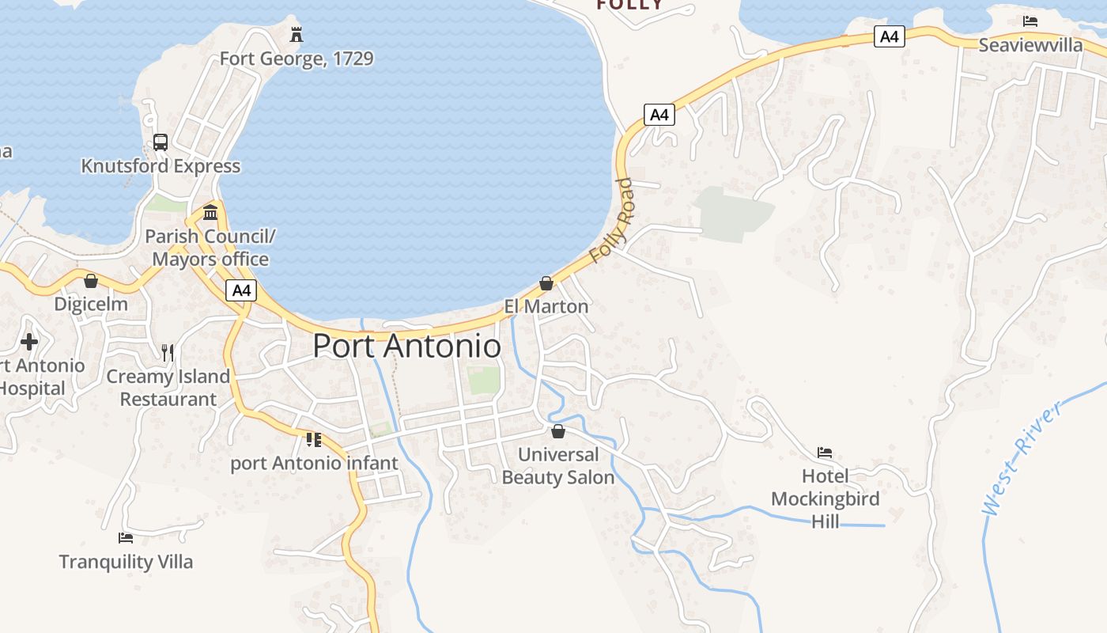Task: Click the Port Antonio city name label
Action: tap(406, 347)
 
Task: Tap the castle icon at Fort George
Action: tap(297, 35)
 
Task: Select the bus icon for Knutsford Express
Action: tap(161, 142)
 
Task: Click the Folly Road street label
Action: tap(612, 221)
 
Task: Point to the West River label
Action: tap(1021, 460)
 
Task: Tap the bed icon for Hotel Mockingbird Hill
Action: tap(825, 453)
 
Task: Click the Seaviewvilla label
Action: tap(1030, 45)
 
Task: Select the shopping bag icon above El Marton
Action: tap(546, 283)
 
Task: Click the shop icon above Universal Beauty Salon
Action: tap(558, 431)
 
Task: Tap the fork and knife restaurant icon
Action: tap(168, 353)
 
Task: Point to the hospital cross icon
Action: tap(29, 342)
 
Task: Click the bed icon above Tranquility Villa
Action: tap(126, 538)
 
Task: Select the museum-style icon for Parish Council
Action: tap(210, 212)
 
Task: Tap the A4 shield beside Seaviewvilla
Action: tap(890, 36)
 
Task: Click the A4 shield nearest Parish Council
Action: tap(241, 290)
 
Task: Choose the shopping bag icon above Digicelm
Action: tap(91, 281)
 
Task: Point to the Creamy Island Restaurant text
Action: tap(168, 388)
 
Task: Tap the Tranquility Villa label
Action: tap(126, 562)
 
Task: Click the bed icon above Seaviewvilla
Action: tap(1030, 21)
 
